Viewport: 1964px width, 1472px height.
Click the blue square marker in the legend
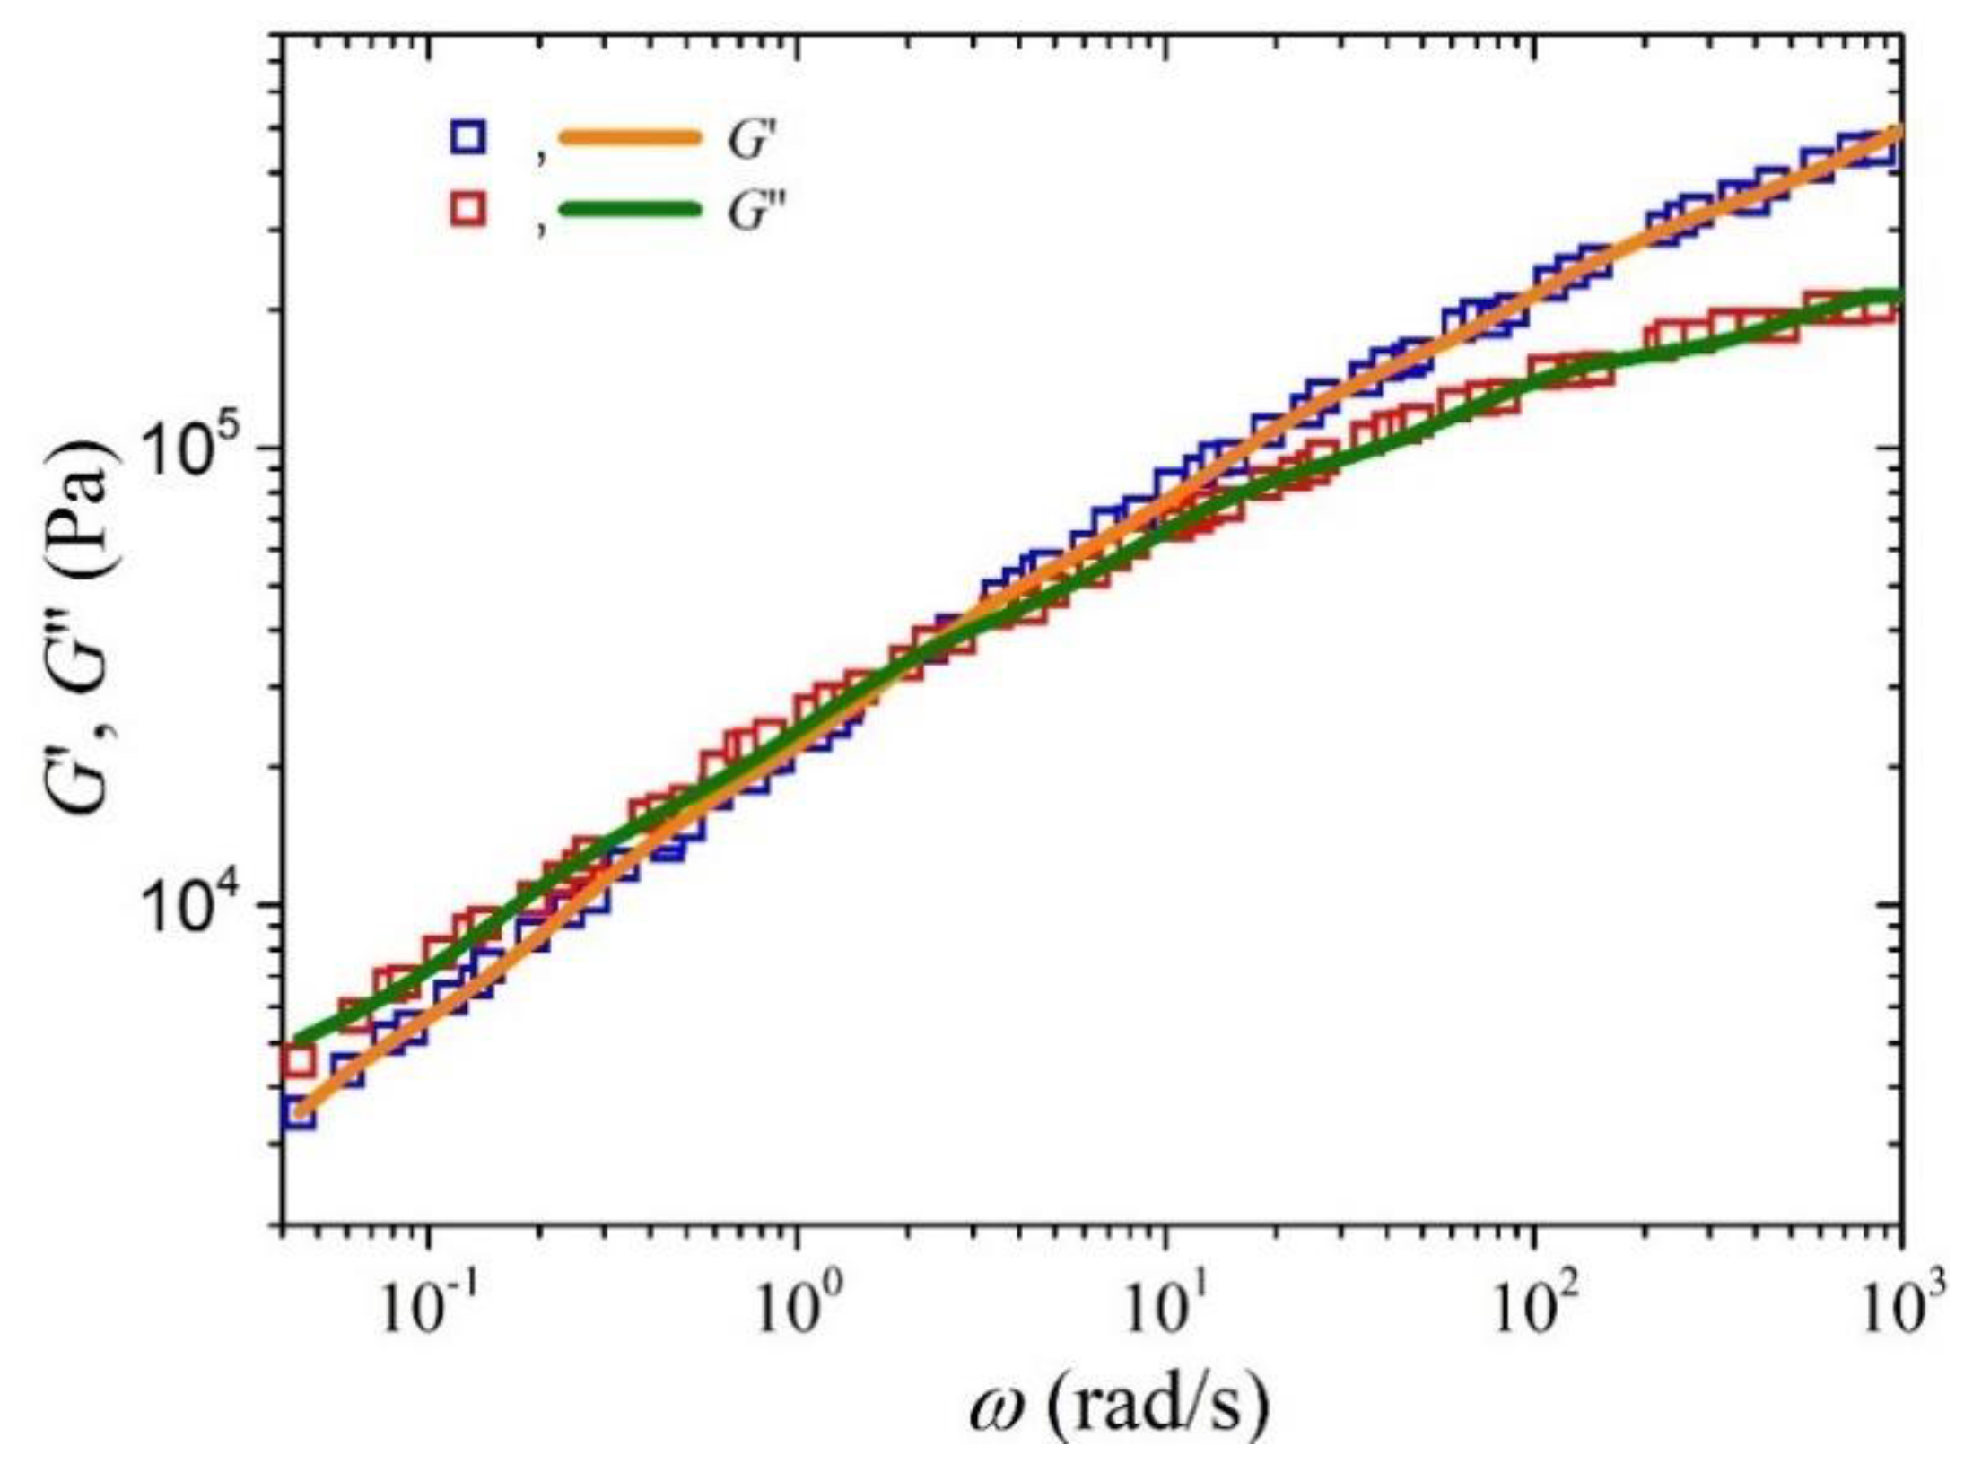[468, 137]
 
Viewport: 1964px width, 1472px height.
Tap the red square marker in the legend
[468, 210]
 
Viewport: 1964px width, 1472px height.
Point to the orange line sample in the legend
[628, 138]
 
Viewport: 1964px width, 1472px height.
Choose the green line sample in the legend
[628, 210]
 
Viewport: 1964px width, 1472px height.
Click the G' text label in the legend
[750, 142]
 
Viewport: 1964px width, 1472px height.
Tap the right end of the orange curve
[1897, 132]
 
